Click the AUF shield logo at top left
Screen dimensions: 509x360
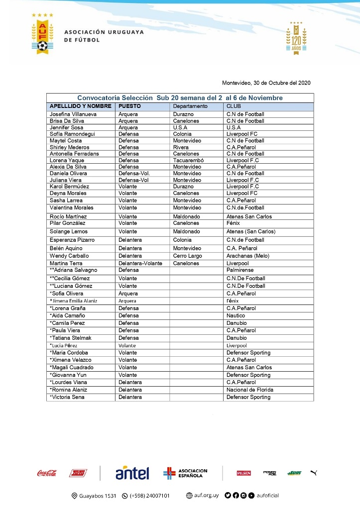43,34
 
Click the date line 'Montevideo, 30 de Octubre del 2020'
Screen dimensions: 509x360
266,83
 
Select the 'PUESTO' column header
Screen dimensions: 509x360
129,106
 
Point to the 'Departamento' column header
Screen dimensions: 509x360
190,106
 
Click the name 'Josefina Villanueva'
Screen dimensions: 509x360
73,114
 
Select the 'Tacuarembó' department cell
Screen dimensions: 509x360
188,160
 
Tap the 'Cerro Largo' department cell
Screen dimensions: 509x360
187,256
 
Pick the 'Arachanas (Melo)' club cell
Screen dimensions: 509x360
247,256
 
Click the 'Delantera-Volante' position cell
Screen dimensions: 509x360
140,263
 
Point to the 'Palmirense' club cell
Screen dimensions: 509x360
240,270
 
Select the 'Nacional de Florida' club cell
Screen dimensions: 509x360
249,390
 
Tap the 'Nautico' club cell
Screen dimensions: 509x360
236,315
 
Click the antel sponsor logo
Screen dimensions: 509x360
132,473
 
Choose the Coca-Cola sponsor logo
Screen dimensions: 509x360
47,473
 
